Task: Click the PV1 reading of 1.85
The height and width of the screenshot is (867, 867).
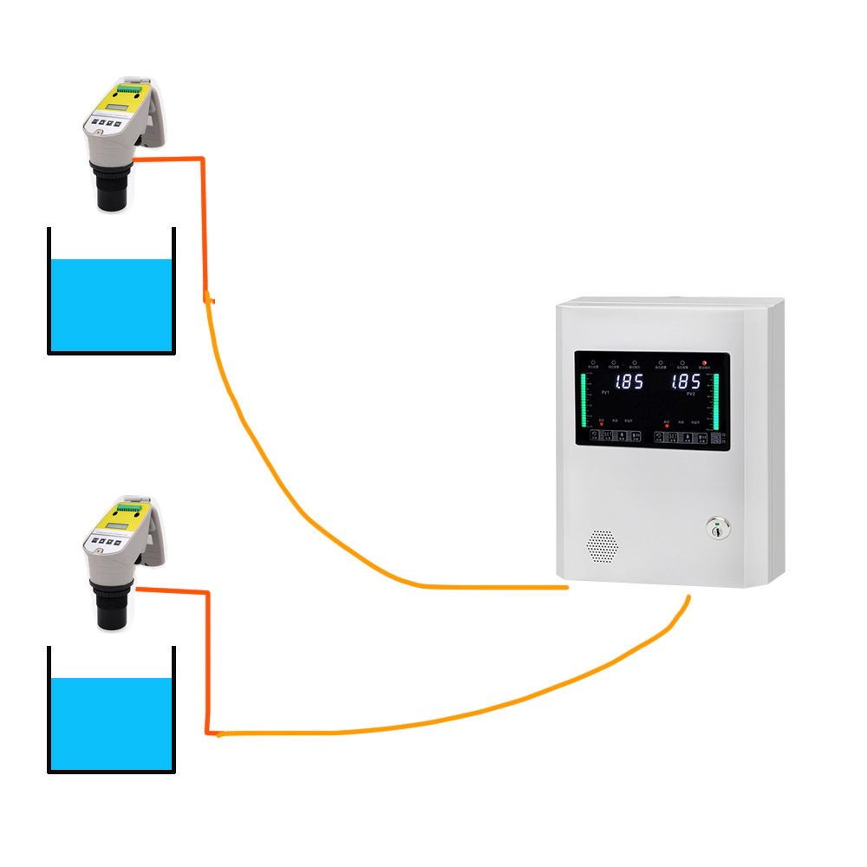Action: click(x=629, y=381)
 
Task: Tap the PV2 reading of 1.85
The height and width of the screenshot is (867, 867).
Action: click(x=685, y=381)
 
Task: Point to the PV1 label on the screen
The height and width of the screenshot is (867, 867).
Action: click(x=604, y=394)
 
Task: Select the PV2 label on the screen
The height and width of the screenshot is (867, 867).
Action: click(x=691, y=394)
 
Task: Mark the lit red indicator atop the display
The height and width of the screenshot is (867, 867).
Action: click(x=704, y=362)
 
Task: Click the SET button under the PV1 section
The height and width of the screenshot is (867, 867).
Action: click(x=608, y=438)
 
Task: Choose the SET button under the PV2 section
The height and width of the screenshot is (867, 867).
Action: click(x=672, y=438)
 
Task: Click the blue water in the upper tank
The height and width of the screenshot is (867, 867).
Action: click(x=111, y=305)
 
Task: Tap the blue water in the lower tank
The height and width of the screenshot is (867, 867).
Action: click(x=111, y=724)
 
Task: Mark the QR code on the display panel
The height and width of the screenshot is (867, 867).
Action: click(x=716, y=438)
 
